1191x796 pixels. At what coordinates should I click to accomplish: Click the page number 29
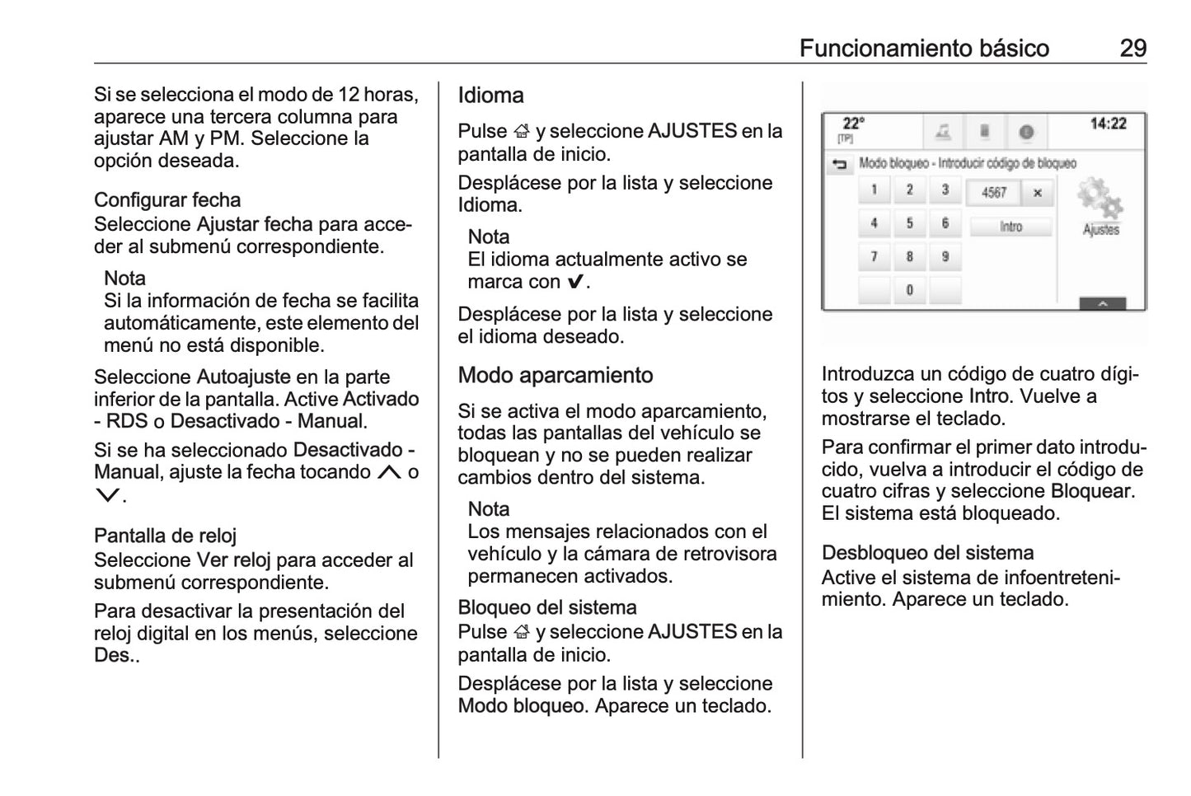pos(1132,48)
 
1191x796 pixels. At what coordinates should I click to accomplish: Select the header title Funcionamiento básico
pos(924,48)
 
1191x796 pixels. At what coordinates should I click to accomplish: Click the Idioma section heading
pos(490,96)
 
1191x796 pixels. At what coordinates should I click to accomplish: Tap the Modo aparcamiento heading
pos(555,376)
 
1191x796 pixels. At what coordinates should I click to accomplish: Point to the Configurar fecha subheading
pos(167,200)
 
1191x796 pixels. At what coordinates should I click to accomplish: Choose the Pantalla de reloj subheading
pos(165,536)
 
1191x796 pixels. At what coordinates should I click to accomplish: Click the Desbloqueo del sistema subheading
pos(927,553)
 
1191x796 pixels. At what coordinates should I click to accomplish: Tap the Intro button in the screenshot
pos(1010,227)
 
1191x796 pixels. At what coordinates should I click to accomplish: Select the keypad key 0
pos(909,290)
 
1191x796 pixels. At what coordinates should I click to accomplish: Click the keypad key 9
pos(945,256)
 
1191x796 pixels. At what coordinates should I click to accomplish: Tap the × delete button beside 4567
pos(1037,193)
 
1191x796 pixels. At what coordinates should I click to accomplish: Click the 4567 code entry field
pos(994,193)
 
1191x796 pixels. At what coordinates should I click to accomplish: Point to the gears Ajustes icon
pos(1100,202)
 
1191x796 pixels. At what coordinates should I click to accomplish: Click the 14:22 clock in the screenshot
pos(1108,124)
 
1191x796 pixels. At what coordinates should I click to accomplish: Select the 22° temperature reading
pos(853,124)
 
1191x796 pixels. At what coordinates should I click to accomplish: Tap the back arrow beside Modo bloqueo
pos(839,165)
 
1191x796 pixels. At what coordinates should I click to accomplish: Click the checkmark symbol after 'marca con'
pos(575,282)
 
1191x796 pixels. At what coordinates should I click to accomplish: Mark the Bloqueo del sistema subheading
pos(547,608)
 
